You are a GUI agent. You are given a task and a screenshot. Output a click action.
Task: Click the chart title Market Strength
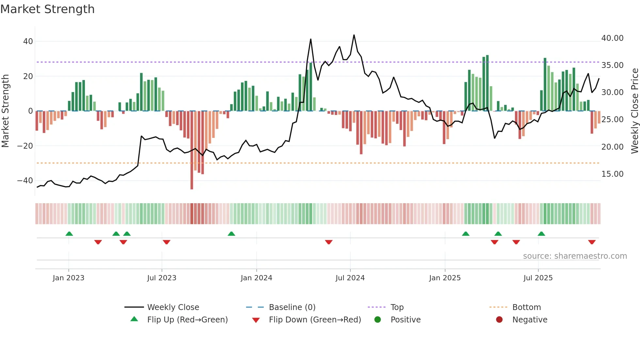(x=47, y=9)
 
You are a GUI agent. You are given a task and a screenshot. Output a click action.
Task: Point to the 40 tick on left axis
(x=28, y=41)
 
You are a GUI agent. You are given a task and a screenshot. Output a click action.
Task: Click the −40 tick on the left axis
(x=25, y=180)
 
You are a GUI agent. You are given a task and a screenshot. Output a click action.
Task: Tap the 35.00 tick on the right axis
(x=612, y=65)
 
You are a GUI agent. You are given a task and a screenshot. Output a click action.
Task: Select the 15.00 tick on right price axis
(x=612, y=174)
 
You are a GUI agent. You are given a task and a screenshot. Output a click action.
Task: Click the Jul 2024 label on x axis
(x=350, y=278)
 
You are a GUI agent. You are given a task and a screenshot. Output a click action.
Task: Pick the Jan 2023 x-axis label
(x=68, y=278)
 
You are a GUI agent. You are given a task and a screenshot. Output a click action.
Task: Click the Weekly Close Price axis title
(x=634, y=111)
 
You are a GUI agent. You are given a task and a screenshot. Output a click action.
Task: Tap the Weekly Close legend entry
(x=173, y=307)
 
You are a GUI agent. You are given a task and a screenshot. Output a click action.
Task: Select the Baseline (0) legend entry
(x=292, y=307)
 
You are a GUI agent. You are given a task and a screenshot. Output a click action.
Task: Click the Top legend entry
(x=397, y=307)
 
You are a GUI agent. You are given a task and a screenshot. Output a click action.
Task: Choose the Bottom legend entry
(x=526, y=307)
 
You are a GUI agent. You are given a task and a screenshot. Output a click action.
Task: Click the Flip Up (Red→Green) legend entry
(x=187, y=320)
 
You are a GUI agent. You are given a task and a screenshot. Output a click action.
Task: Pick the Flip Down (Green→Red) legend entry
(x=315, y=320)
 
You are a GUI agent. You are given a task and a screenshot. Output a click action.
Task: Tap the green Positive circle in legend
(x=377, y=320)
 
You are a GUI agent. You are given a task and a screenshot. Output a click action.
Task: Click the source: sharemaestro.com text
(x=575, y=256)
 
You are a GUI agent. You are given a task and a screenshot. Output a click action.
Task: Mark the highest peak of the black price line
(x=354, y=35)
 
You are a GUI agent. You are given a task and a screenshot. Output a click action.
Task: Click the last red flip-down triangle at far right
(x=592, y=242)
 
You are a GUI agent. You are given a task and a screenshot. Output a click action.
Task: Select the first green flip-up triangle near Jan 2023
(x=69, y=234)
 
